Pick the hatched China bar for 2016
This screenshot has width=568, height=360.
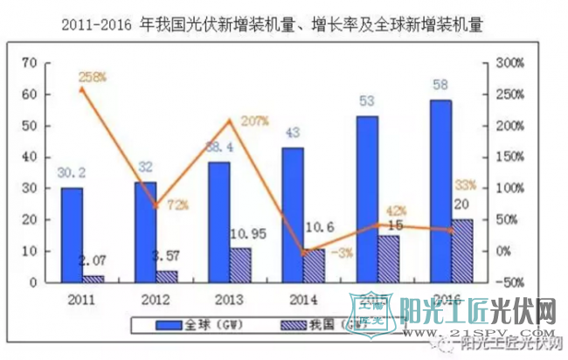[462, 251]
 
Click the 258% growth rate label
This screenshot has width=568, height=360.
[92, 77]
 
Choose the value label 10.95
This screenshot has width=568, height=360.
[242, 234]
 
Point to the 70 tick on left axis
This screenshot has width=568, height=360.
[28, 63]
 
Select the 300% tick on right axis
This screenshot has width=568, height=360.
[509, 63]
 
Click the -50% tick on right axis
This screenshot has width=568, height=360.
[509, 282]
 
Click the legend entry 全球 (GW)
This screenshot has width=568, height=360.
[215, 325]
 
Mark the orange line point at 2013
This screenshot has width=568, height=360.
[230, 121]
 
